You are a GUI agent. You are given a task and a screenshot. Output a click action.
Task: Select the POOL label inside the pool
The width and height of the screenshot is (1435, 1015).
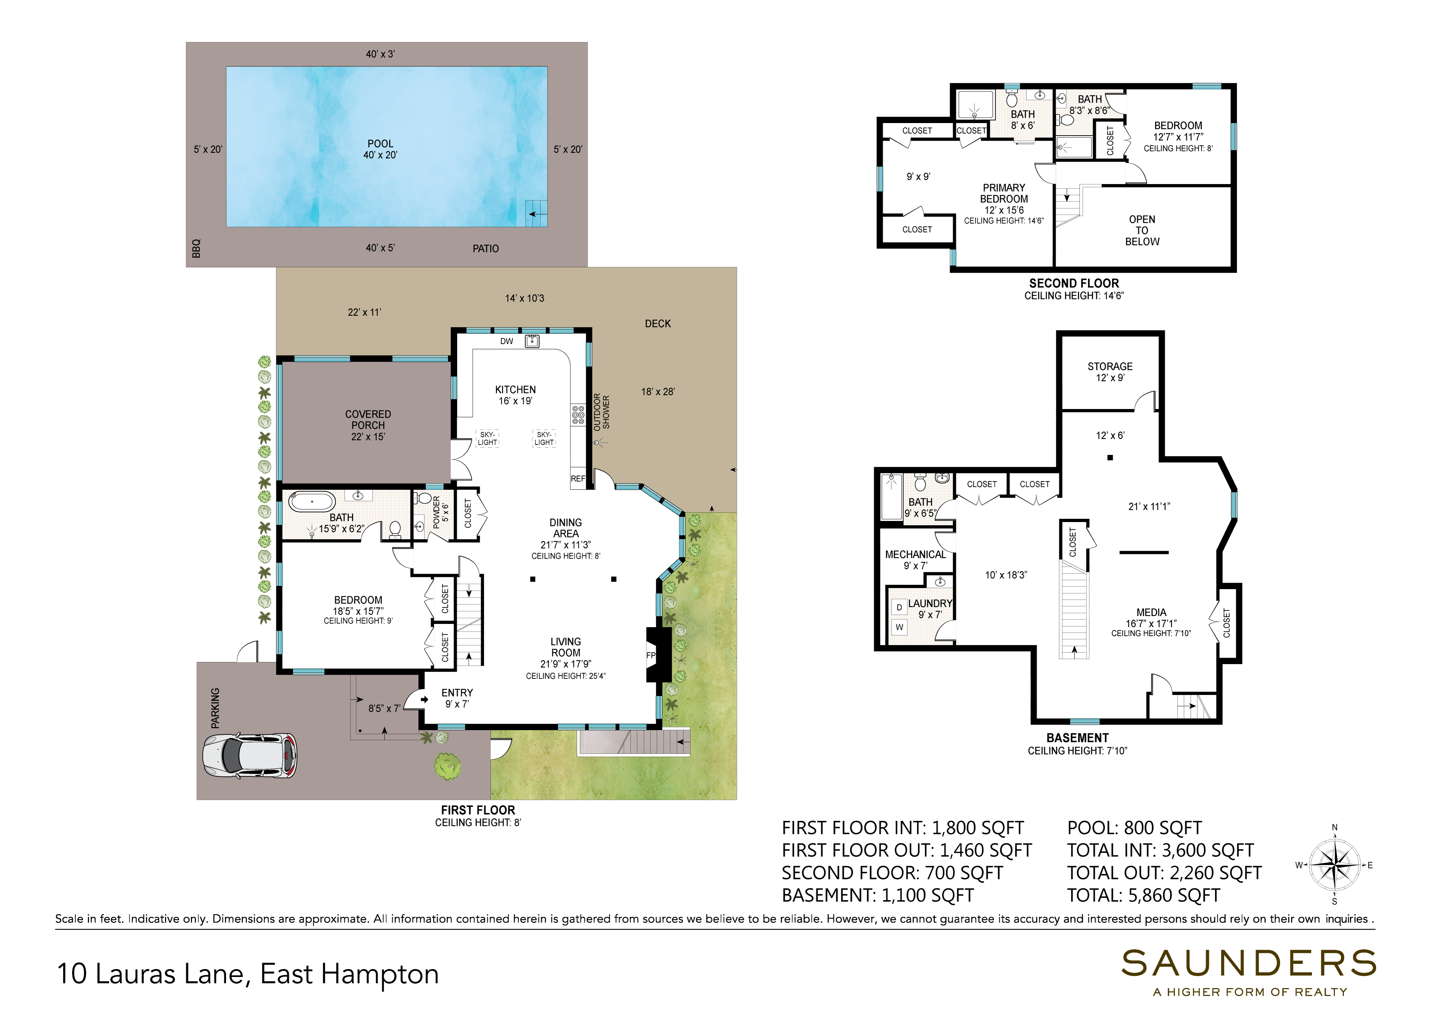coord(380,144)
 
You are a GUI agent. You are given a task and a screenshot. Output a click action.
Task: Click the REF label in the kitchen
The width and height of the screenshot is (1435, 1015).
coord(578,479)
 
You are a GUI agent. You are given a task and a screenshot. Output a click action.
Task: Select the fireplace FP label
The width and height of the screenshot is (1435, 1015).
coord(651,655)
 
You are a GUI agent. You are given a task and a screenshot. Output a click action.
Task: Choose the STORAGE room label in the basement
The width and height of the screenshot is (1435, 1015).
coord(1110,366)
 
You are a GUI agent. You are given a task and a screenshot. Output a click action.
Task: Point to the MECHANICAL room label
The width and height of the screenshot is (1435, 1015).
coord(916,554)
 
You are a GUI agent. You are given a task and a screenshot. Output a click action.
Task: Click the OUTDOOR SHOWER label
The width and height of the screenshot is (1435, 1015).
coord(601,412)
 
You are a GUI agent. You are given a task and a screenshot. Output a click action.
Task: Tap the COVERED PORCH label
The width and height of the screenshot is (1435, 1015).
coord(368,419)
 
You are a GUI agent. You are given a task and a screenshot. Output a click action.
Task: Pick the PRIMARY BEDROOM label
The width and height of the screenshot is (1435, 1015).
coord(1004,193)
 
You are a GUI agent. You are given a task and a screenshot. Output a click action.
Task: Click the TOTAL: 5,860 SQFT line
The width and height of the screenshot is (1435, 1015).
coord(1143,895)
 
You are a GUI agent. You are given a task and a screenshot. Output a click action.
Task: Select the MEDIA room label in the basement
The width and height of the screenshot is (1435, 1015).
coord(1151,612)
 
